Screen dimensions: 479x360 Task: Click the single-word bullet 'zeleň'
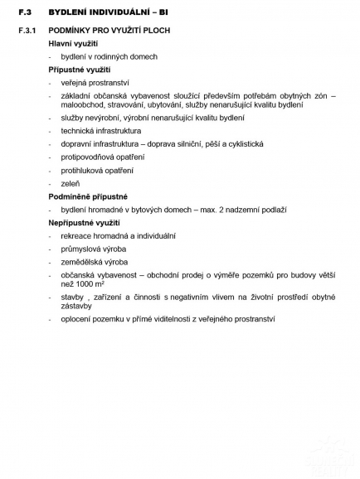click(x=71, y=183)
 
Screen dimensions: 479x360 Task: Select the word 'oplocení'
click(x=79, y=318)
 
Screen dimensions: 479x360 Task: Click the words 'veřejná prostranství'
click(x=96, y=83)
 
